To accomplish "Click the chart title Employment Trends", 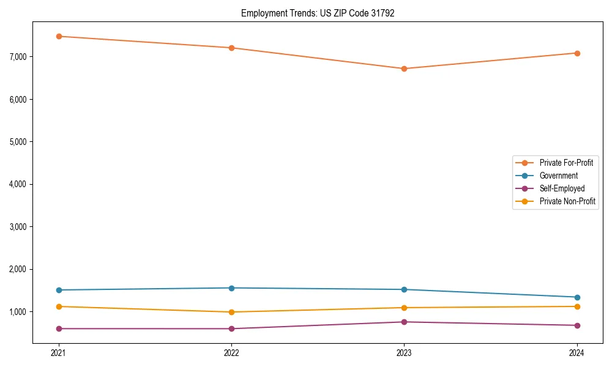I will click(318, 13).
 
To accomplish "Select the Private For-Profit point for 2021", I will click(59, 36).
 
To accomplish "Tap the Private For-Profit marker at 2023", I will click(404, 69).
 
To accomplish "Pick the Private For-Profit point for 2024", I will click(577, 53).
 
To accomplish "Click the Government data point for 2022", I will click(231, 288).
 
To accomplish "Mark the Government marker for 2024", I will click(577, 297).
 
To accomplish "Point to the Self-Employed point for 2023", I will click(404, 322).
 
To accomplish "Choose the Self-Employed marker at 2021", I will click(59, 328).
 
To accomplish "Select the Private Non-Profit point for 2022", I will click(231, 312).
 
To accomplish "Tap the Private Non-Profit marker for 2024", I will click(577, 306).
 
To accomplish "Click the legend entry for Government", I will click(558, 176).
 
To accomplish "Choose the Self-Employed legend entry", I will click(562, 188).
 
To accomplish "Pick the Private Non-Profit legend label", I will click(567, 201).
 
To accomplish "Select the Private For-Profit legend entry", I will click(566, 163).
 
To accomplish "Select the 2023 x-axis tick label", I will click(404, 352).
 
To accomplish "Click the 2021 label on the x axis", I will click(59, 352).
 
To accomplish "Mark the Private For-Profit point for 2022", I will click(231, 48).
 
